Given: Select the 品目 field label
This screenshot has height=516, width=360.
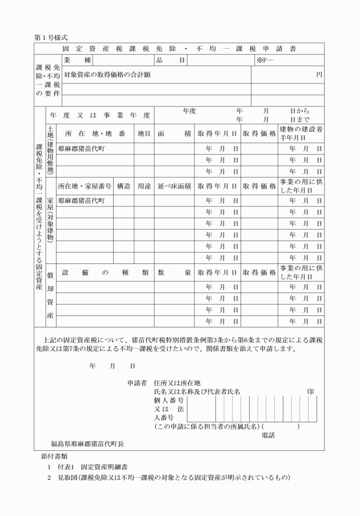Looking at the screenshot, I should click(x=170, y=59).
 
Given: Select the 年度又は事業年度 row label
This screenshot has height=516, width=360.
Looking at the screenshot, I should click(x=99, y=115).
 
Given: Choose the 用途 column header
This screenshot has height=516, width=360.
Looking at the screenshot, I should click(x=144, y=186).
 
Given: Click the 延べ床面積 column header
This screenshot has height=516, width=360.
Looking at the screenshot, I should click(x=174, y=186).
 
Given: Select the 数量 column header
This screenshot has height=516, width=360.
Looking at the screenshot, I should click(x=174, y=273).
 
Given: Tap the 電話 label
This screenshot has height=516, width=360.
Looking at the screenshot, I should click(x=268, y=435).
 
